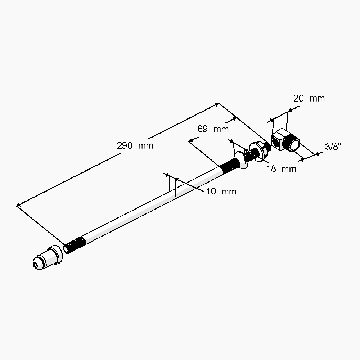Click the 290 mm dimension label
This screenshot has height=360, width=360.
click(x=135, y=145)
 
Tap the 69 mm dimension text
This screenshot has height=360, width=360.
click(x=213, y=129)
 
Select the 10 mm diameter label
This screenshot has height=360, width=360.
click(x=221, y=192)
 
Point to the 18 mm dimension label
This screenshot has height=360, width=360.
click(x=281, y=169)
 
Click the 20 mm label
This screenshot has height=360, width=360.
click(x=309, y=99)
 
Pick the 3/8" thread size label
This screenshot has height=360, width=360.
click(x=333, y=147)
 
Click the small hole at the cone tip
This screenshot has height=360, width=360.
click(x=35, y=265)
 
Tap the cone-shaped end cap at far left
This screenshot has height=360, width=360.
click(x=48, y=257)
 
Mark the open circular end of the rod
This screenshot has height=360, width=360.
click(x=66, y=249)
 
